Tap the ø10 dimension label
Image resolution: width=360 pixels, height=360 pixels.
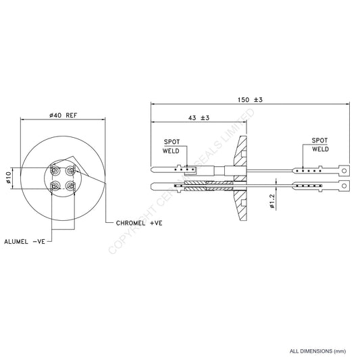pos(9,178)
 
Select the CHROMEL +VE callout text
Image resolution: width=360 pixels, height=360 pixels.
pos(138,222)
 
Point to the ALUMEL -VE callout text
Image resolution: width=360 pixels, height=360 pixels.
pos(24,240)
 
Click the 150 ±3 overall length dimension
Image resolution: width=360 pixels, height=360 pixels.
pos(249,99)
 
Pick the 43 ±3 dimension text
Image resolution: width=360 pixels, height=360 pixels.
pos(198,118)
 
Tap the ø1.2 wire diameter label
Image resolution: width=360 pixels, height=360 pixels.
pos(271,201)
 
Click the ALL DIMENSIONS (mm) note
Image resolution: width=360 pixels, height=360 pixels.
pos(317,351)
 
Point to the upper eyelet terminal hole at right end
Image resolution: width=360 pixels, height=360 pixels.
pos(345,170)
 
